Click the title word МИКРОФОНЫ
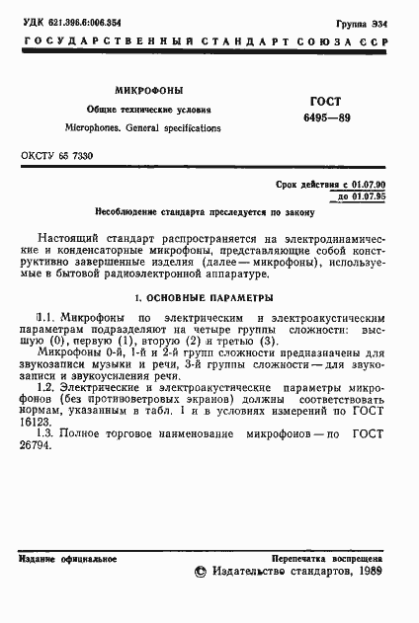click(149, 89)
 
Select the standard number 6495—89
click(324, 119)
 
